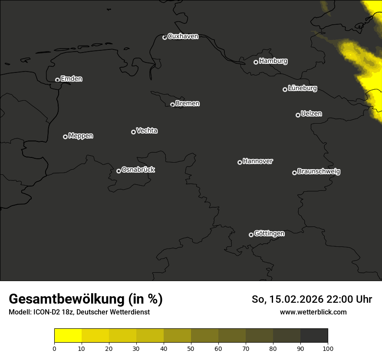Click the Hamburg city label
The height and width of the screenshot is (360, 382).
(273, 61)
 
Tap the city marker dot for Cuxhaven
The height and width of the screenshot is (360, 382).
(165, 37)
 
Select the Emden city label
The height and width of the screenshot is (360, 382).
(71, 79)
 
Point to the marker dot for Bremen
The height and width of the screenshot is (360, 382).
(172, 105)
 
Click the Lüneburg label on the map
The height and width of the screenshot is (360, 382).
(302, 88)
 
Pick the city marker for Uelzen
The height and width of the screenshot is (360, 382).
(298, 115)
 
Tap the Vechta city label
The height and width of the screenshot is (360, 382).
(147, 131)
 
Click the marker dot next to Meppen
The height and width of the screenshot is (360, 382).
(65, 137)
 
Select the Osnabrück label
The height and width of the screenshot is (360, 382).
(138, 170)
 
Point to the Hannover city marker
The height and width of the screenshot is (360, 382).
(240, 162)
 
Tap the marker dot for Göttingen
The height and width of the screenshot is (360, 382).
(251, 235)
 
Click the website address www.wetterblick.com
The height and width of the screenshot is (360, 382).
(313, 312)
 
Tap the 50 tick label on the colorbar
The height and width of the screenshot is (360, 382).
(191, 348)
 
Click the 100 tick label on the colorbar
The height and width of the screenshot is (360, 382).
(328, 348)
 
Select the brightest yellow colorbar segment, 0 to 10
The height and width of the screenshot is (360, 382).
(68, 336)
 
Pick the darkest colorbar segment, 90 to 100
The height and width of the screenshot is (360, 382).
(314, 336)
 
